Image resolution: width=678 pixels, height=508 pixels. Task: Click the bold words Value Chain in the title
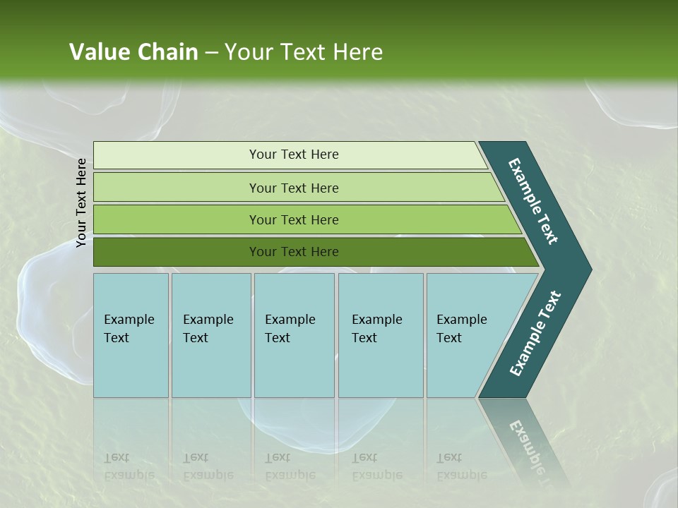133,52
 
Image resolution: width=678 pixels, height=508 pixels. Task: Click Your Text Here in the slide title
304,52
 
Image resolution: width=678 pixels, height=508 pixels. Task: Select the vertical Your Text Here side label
81,202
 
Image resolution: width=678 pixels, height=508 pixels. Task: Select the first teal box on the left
131,367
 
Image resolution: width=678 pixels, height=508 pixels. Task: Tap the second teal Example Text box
211,367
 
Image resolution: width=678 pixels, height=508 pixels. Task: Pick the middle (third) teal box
294,367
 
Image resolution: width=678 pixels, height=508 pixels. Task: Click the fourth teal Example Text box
381,367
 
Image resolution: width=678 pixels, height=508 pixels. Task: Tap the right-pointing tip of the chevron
583,270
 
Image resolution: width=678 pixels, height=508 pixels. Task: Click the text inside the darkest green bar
294,252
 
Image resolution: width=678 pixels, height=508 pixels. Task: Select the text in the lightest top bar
294,155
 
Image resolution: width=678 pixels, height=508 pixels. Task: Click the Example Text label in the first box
129,329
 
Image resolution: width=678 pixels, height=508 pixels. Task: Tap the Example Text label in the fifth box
461,329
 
